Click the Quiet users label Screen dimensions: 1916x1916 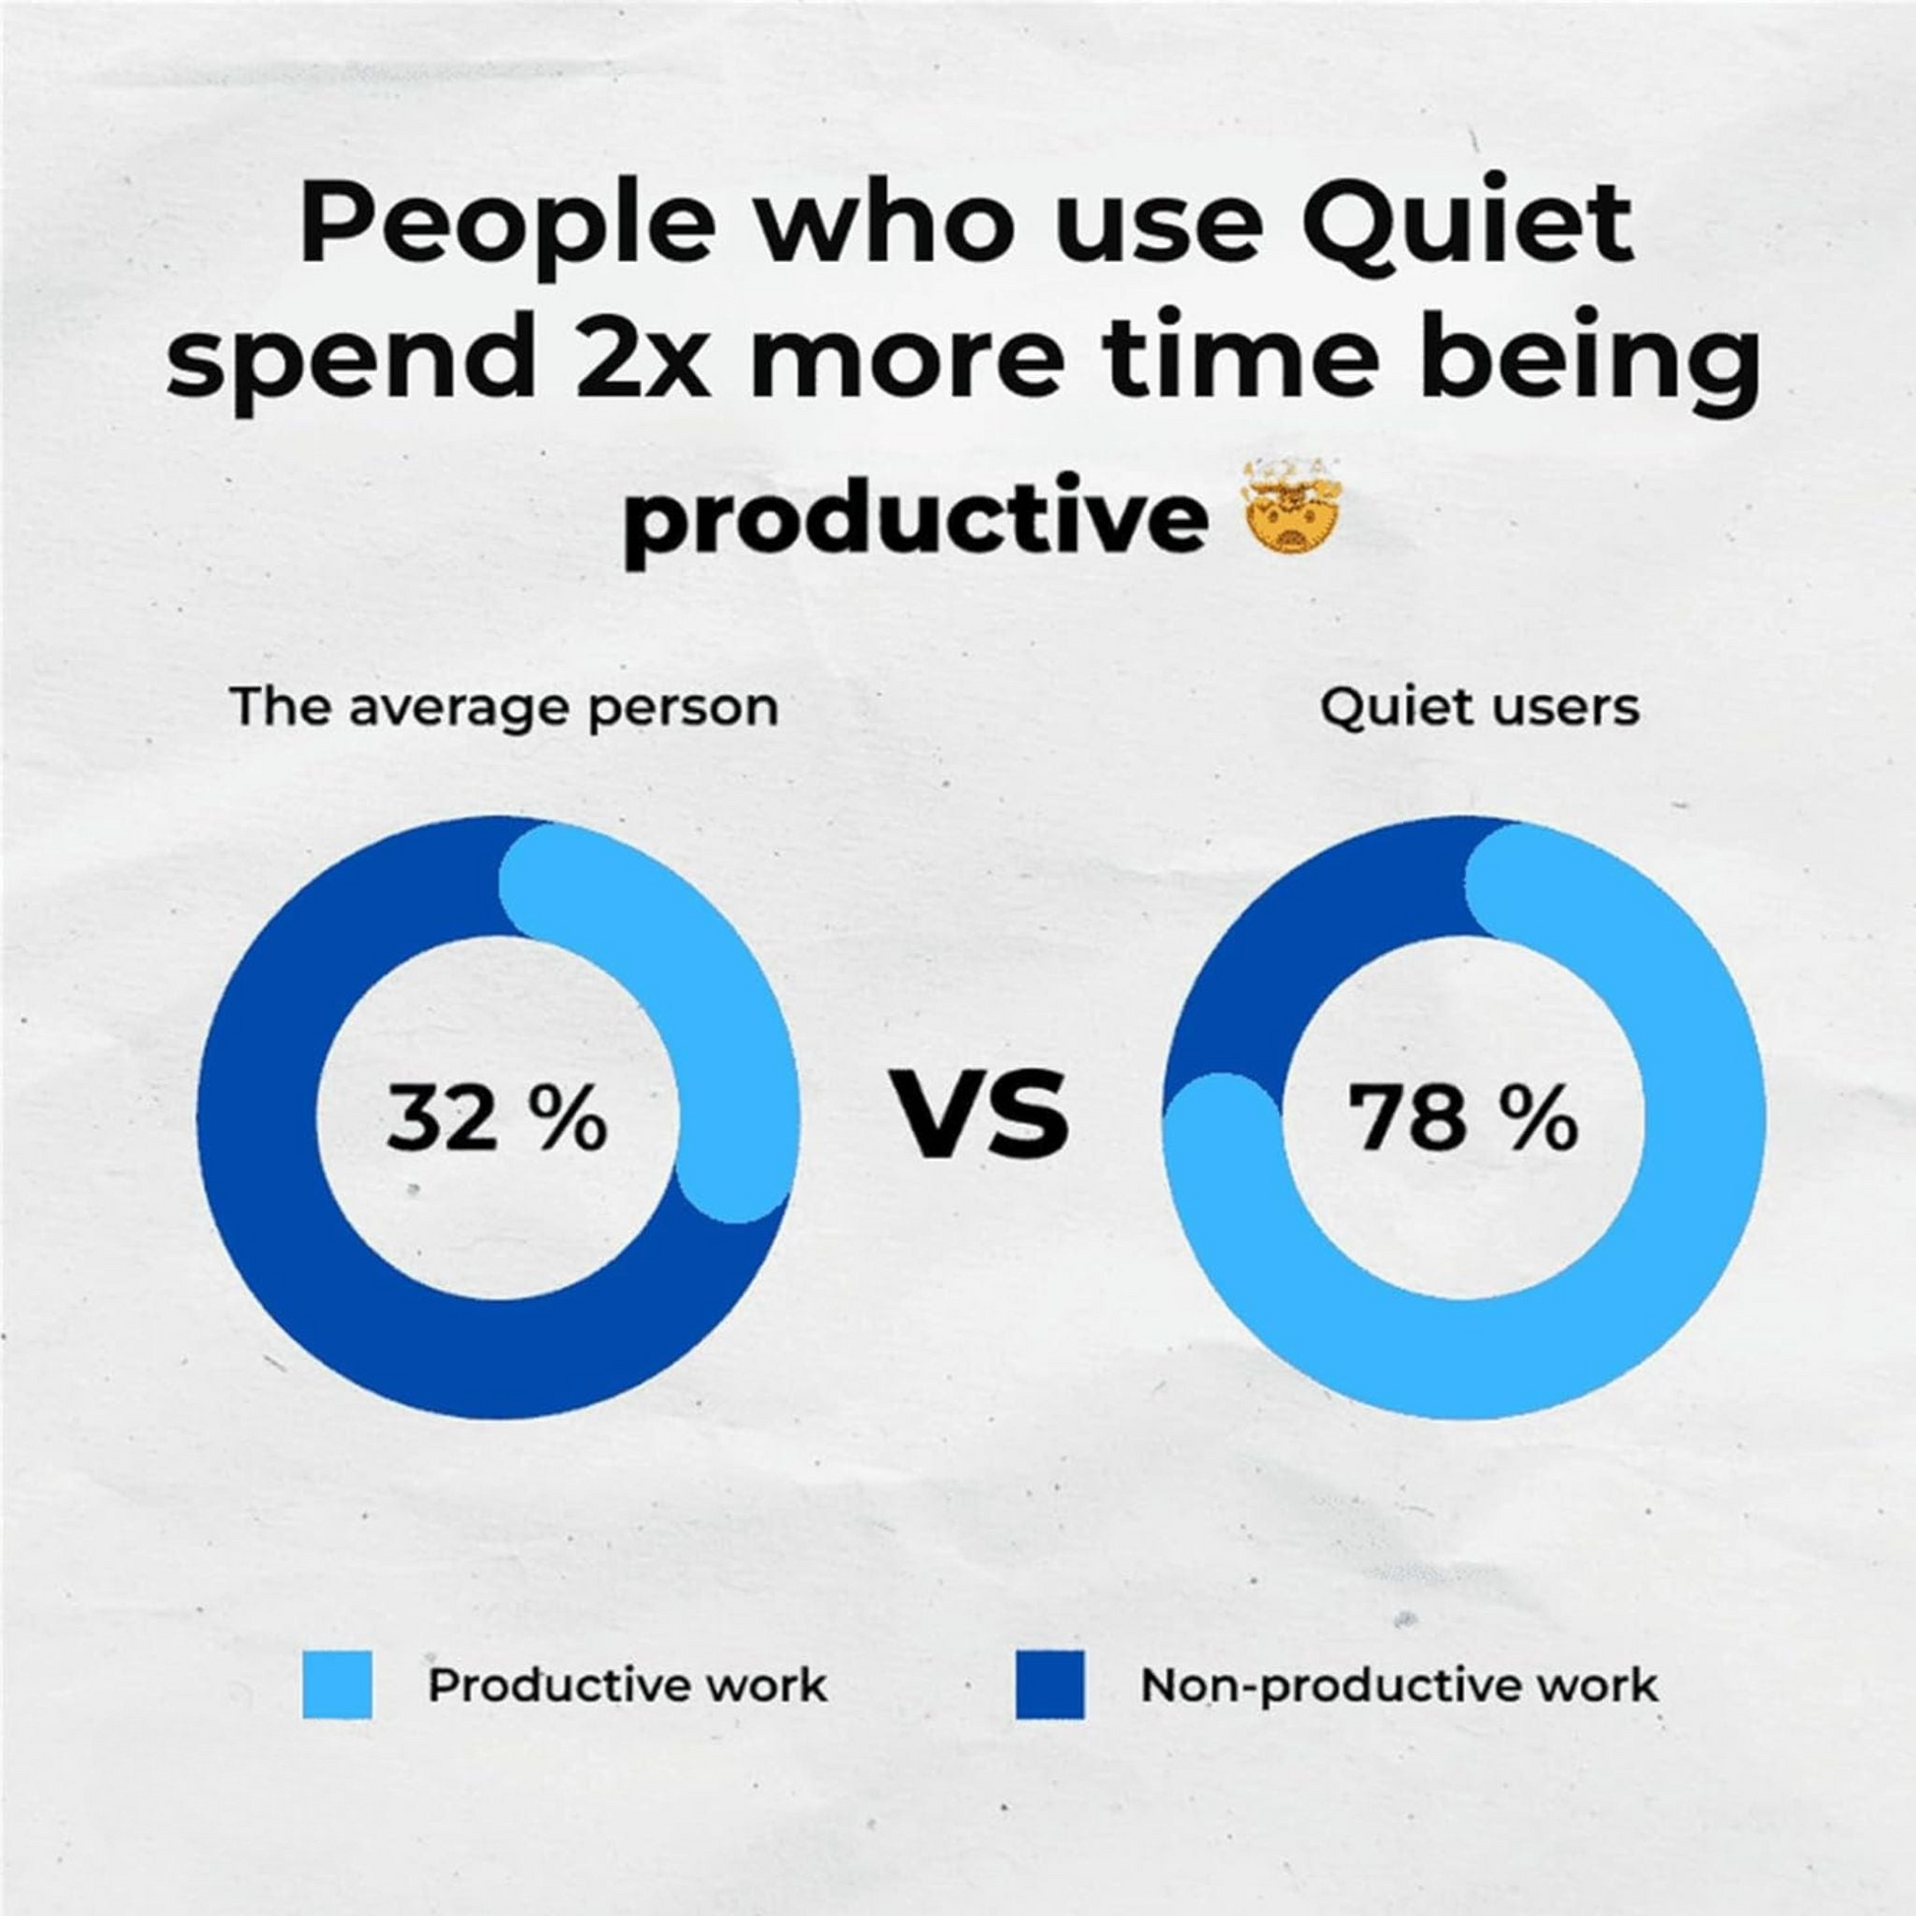pos(1479,708)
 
